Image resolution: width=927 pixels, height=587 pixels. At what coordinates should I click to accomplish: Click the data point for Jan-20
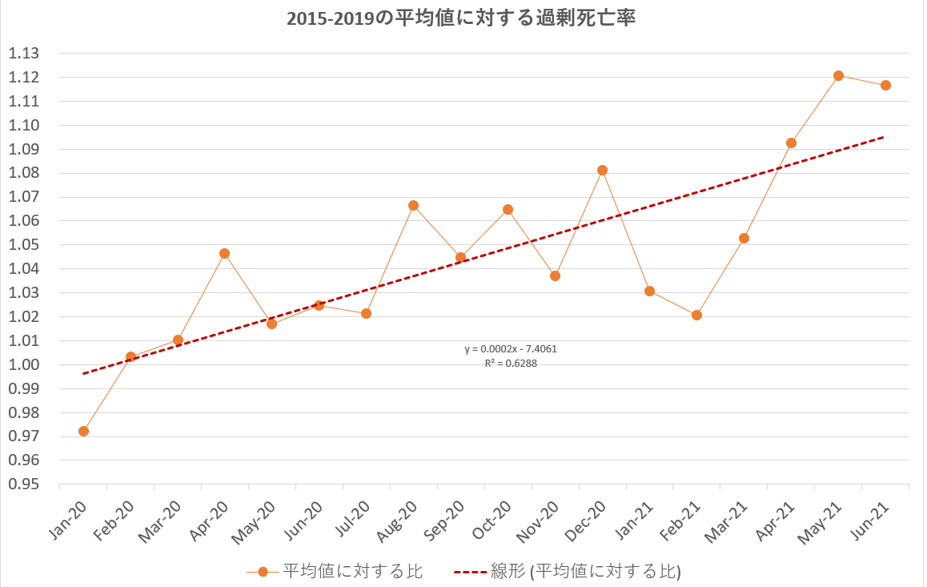pos(83,431)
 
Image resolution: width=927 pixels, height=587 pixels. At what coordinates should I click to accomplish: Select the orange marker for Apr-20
pos(225,253)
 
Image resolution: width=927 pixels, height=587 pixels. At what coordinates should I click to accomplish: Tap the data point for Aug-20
pos(413,205)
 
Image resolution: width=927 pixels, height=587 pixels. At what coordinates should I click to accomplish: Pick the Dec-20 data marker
pos(602,170)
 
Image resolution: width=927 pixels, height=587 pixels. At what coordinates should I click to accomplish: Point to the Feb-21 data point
pos(696,315)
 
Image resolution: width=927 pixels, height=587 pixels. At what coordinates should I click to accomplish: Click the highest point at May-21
pos(838,75)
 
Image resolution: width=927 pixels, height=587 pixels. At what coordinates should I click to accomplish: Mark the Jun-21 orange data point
pos(885,85)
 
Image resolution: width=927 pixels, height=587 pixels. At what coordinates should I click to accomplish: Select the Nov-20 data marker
pos(555,275)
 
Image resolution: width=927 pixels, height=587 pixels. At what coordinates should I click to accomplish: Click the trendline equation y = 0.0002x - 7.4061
pos(510,349)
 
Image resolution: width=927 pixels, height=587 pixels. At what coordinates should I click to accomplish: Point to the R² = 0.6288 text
pos(510,363)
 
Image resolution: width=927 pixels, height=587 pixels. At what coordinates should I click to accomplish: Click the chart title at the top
pos(462,18)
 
